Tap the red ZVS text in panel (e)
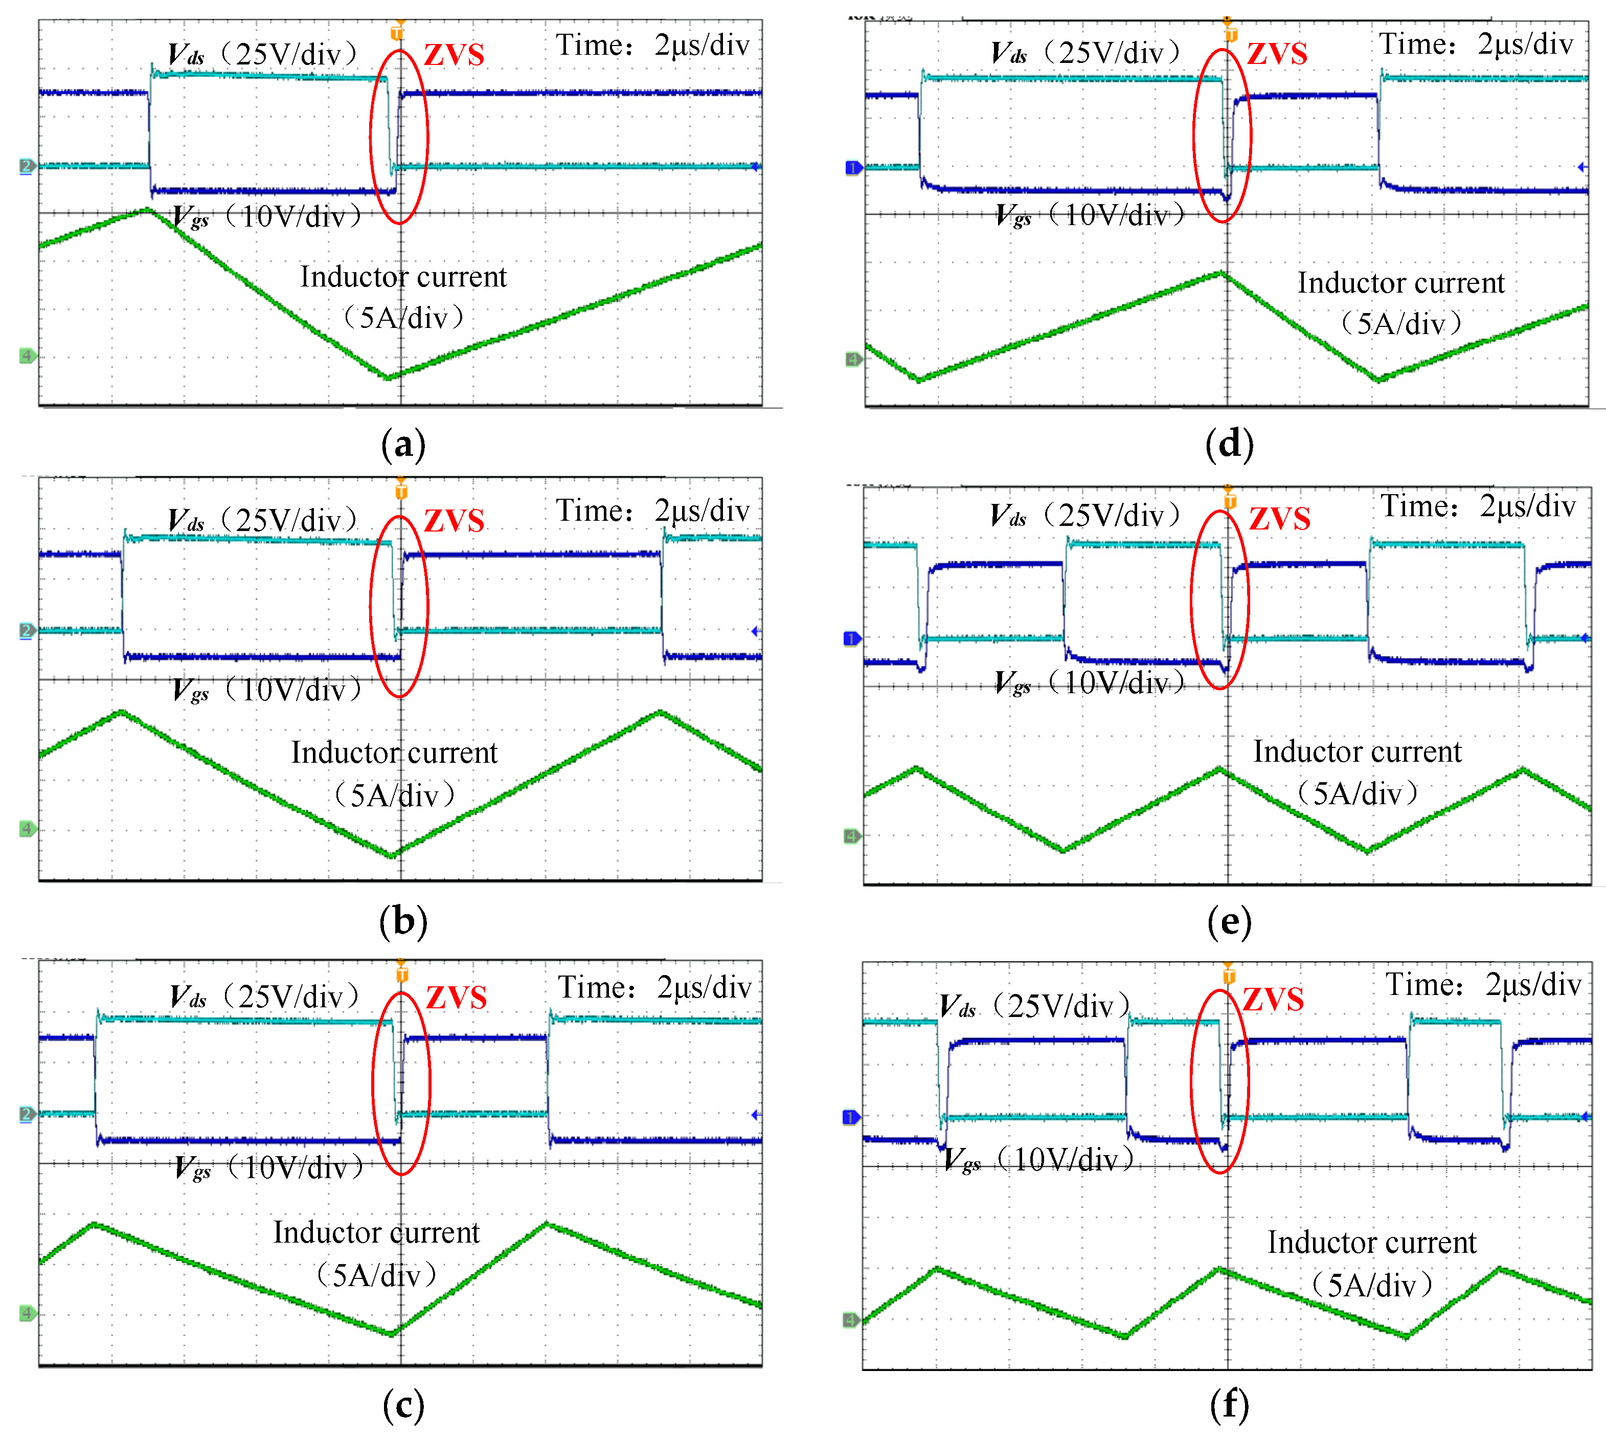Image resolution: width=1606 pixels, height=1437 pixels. click(x=1279, y=519)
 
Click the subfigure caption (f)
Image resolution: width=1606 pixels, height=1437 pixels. click(x=1229, y=1405)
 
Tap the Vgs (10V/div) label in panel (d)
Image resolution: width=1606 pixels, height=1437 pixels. click(x=1089, y=215)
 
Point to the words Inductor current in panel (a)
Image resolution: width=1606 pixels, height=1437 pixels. click(x=402, y=277)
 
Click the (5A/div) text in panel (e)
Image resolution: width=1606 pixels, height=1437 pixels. click(x=1358, y=793)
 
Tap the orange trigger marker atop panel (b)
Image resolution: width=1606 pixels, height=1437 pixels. click(x=401, y=490)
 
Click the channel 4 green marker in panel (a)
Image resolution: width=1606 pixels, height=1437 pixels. click(x=27, y=356)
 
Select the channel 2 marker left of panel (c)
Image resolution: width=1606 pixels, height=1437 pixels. click(x=27, y=1114)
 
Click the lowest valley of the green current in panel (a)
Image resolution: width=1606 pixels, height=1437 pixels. click(x=388, y=378)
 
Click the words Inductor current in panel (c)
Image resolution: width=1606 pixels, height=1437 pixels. click(x=376, y=1232)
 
